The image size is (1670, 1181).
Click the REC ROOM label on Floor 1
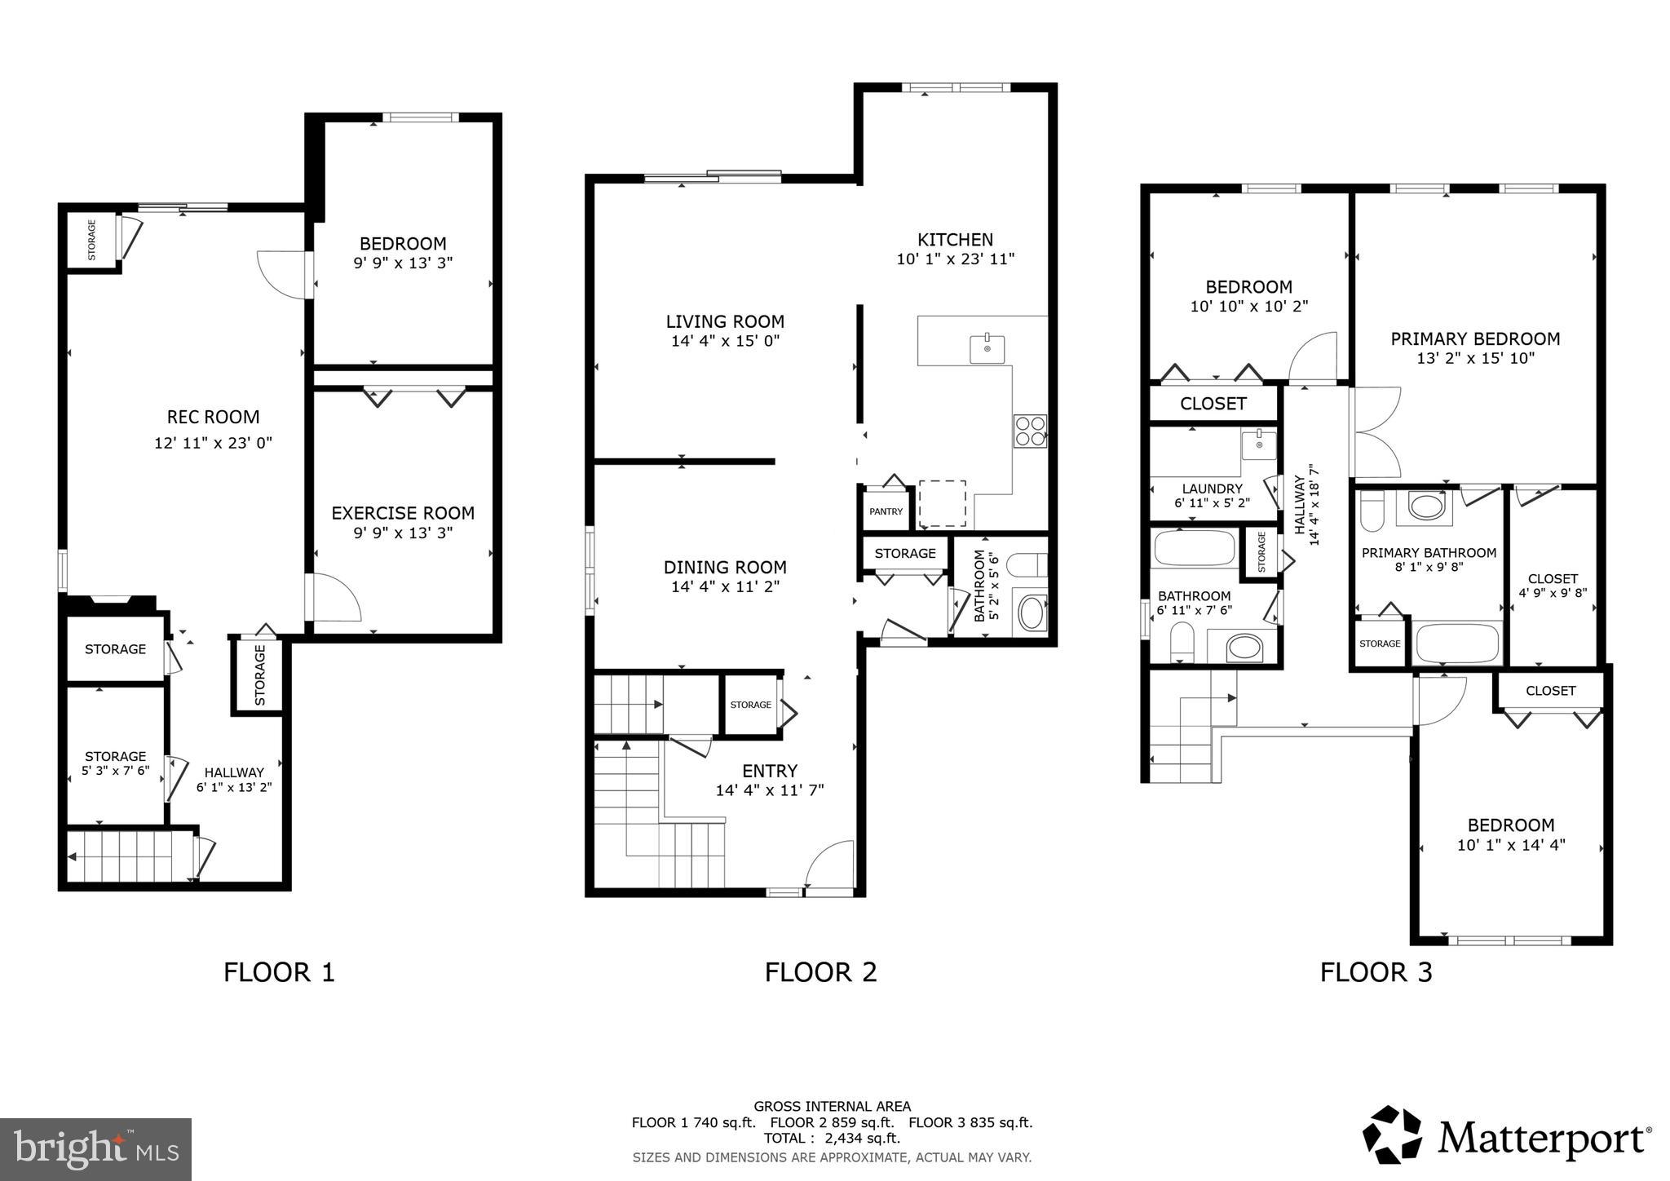213,417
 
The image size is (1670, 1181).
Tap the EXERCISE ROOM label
403,513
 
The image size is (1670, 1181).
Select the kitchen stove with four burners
1030,431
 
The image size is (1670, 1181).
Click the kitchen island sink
987,348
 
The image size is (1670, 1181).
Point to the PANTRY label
886,511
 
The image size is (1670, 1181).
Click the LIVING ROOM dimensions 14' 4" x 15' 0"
725,341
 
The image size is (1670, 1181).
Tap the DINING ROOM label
725,567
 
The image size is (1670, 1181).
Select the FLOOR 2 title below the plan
820,971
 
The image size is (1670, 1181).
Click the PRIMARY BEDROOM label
1475,338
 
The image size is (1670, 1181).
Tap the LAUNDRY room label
1212,489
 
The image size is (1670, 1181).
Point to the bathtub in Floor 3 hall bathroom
1195,548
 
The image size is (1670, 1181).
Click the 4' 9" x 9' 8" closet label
1553,593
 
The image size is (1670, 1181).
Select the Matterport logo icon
1392,1135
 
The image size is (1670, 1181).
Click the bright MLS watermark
96,1149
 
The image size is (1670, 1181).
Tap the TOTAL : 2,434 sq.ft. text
832,1138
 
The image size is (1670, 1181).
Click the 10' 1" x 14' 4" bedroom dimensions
1511,845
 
